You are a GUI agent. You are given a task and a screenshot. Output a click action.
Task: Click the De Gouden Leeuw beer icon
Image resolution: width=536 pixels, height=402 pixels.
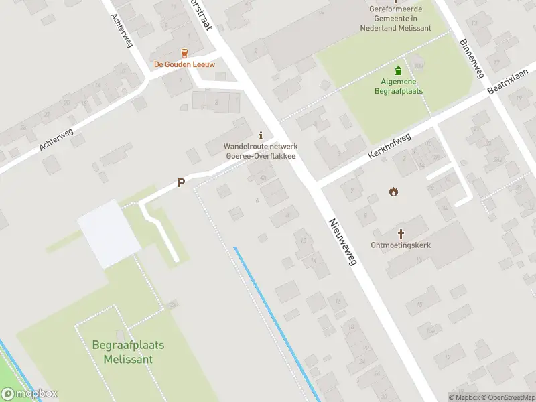click(184, 53)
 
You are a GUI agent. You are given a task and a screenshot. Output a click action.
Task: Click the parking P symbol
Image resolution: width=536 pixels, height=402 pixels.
click(181, 182)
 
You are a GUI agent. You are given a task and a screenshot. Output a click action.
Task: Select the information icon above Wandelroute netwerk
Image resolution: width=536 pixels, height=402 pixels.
click(261, 135)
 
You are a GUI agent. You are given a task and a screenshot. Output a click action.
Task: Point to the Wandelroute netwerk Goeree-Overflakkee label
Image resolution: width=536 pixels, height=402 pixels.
click(260, 151)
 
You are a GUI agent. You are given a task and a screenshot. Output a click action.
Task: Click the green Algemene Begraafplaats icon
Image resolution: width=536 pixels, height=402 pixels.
click(399, 70)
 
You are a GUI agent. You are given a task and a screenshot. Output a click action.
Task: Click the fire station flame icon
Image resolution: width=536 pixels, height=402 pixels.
click(393, 192)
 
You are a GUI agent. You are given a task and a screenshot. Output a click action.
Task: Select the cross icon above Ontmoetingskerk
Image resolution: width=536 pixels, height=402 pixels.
click(401, 234)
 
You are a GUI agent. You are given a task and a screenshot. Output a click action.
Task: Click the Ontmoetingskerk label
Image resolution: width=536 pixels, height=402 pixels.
click(401, 245)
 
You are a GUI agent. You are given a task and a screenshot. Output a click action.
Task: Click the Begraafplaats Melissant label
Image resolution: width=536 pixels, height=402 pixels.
click(128, 352)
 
